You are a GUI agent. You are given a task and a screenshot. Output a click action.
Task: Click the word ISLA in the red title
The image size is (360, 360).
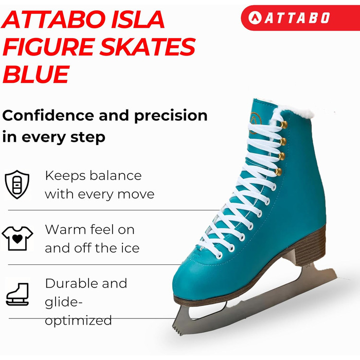click(x=138, y=20)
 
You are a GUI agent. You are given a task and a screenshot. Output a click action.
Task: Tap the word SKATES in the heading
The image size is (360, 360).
click(x=148, y=47)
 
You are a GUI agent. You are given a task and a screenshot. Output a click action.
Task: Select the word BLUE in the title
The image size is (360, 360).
click(x=36, y=74)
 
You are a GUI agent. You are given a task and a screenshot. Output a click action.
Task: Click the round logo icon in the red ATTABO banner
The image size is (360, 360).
click(x=255, y=17)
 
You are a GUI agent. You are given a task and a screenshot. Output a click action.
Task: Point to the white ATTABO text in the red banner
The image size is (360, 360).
click(x=298, y=18)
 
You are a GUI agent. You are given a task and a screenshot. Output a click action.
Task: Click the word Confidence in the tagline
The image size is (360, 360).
click(x=48, y=116)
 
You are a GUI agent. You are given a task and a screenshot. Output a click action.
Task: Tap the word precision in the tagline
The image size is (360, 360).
click(x=171, y=116)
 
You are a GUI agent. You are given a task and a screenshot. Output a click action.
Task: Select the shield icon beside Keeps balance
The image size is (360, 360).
click(x=17, y=184)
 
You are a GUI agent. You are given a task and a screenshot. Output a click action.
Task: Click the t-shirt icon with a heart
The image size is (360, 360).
click(x=17, y=238)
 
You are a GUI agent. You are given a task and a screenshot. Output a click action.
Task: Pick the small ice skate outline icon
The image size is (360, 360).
click(x=17, y=294)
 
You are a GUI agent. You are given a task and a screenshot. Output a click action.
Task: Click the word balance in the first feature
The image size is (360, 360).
click(x=116, y=176)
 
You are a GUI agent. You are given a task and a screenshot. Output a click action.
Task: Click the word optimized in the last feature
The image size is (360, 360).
click(x=78, y=321)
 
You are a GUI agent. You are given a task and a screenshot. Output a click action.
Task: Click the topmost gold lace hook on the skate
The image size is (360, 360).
click(x=284, y=125)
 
